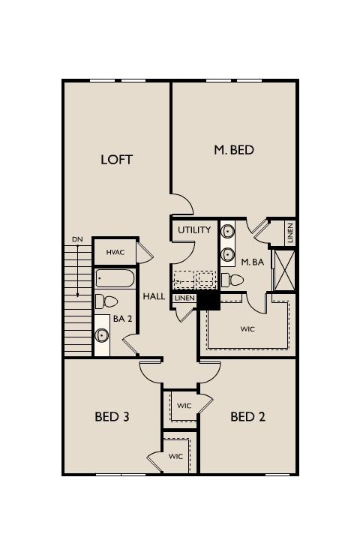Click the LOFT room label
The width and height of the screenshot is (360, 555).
tap(116, 160)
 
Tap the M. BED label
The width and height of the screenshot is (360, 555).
tap(234, 150)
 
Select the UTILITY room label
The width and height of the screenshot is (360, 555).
tap(194, 230)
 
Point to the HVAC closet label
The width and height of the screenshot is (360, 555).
tap(115, 252)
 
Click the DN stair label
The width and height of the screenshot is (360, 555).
tap(77, 239)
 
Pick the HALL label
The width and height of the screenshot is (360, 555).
tap(154, 296)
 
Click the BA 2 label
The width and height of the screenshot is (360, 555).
tap(122, 319)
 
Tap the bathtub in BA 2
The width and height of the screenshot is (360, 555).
tap(115, 278)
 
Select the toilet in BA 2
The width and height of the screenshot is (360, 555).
tap(106, 302)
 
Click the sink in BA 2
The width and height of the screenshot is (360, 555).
tap(102, 334)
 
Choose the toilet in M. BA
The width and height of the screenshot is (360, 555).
tap(232, 280)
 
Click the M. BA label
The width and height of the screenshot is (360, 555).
tap(253, 262)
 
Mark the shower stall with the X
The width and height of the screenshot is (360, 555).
tap(284, 270)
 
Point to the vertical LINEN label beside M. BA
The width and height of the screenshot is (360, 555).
tap(290, 232)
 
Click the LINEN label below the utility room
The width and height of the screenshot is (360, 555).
tap(184, 298)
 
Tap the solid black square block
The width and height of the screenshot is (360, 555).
tap(208, 301)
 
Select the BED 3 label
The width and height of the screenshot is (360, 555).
tap(112, 416)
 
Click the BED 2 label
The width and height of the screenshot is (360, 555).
tap(247, 416)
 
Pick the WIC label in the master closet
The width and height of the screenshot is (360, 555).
tap(247, 329)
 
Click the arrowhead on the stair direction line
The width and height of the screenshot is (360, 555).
tap(77, 294)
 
